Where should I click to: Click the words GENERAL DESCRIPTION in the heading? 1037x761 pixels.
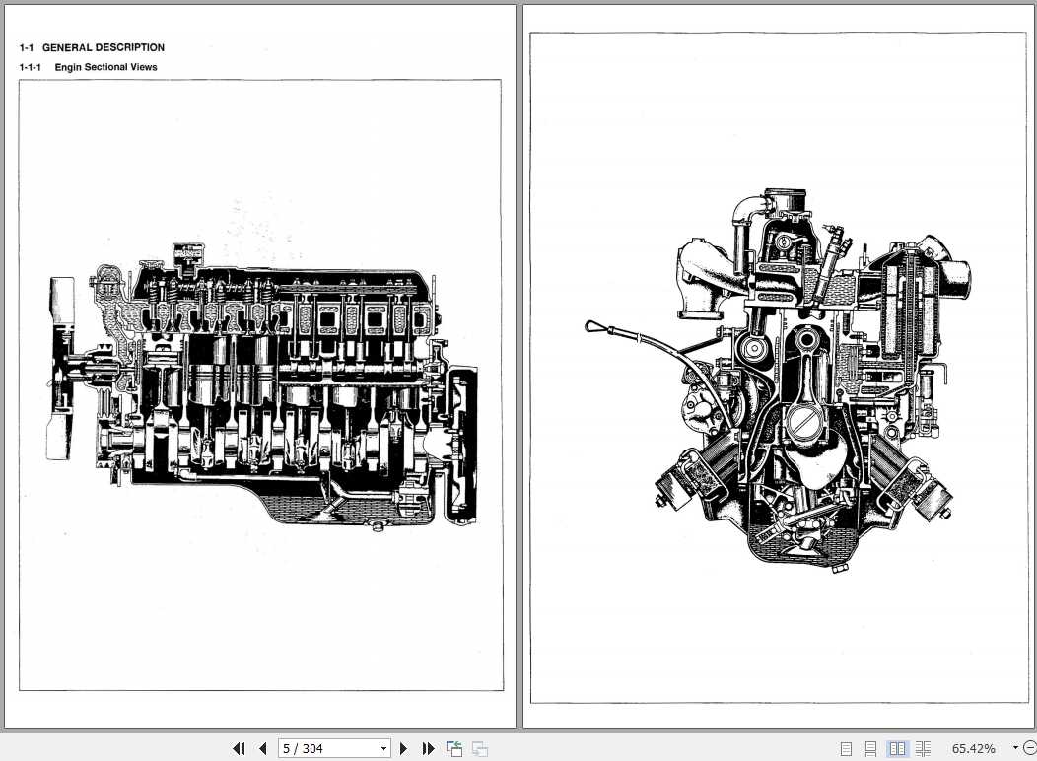click(x=103, y=47)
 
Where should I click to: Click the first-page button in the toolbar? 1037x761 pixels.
click(x=239, y=749)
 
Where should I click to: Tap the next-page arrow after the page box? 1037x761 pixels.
click(x=403, y=749)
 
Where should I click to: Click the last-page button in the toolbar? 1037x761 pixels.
click(x=428, y=749)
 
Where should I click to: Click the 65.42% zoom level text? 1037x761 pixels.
click(x=973, y=749)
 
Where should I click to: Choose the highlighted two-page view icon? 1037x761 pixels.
click(x=897, y=749)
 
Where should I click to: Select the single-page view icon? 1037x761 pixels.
click(x=846, y=749)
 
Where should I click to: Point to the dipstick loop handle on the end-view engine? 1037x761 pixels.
click(x=593, y=325)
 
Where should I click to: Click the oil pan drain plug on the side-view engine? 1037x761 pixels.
click(x=376, y=526)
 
